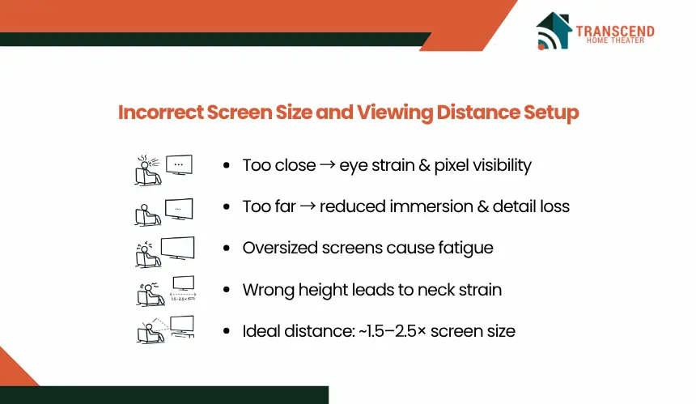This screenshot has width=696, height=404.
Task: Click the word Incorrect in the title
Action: point(161,112)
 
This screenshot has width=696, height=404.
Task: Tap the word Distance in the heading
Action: point(477,112)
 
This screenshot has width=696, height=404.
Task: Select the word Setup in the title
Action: point(551,113)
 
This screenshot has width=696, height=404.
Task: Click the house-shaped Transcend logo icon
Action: point(553,31)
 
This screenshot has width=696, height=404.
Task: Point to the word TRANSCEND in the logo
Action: point(615,31)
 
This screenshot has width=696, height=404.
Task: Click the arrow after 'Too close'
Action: point(328,165)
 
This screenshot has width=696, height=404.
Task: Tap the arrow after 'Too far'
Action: point(308,206)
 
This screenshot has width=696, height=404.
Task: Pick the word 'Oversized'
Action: point(280,248)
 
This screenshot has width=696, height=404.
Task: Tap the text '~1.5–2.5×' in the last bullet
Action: point(392,331)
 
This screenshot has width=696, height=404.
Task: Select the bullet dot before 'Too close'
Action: point(227,166)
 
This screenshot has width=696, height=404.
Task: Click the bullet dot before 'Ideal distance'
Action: point(227,331)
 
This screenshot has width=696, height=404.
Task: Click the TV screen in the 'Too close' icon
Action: point(179,164)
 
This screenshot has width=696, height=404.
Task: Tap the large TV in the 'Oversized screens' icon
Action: point(177,249)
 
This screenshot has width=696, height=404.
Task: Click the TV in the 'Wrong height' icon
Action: point(184,283)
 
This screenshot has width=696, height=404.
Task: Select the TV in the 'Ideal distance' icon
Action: point(182,325)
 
